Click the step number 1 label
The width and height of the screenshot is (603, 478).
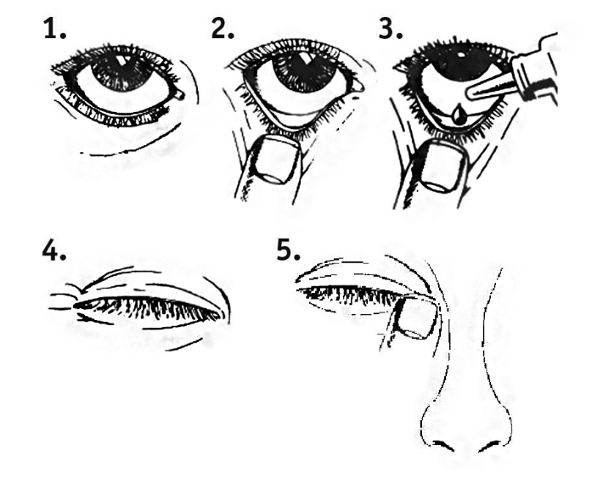(x=54, y=29)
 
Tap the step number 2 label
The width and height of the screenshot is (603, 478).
(x=223, y=29)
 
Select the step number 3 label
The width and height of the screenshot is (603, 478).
(x=391, y=29)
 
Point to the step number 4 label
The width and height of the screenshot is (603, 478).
(x=54, y=252)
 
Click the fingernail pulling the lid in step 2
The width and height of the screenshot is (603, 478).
(x=276, y=160)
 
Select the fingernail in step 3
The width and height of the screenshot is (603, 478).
(x=443, y=166)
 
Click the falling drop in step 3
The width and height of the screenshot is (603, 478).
(x=458, y=115)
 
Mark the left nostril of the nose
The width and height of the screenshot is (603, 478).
(x=442, y=446)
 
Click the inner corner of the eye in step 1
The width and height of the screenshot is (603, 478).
(x=179, y=94)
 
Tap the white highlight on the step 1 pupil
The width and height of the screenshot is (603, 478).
(x=122, y=60)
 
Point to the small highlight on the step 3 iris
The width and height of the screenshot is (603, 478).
(x=461, y=53)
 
